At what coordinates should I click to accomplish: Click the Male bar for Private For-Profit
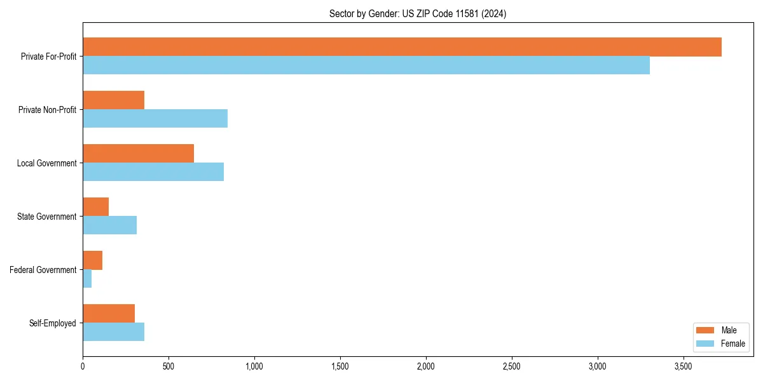tap(402, 47)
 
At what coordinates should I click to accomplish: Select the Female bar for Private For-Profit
tap(366, 65)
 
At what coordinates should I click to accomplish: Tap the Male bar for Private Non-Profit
tap(113, 100)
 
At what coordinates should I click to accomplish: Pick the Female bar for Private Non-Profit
tap(155, 119)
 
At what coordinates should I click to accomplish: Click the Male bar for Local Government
tap(138, 154)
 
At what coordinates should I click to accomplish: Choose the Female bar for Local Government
tap(153, 172)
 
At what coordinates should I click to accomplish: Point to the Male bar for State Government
tap(95, 207)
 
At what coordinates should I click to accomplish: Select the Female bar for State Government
tap(109, 225)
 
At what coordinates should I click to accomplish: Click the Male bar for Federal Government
tap(92, 260)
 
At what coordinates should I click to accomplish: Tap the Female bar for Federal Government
tap(87, 279)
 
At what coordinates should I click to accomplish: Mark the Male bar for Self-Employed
tap(109, 314)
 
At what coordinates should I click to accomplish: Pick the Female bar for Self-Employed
tap(113, 332)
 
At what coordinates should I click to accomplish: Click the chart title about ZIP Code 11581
tap(418, 13)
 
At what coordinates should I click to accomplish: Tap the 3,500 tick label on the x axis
tap(683, 366)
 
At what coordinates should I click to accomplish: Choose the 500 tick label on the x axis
tap(168, 366)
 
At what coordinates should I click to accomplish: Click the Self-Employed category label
tap(52, 323)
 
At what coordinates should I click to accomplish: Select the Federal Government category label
tap(43, 270)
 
